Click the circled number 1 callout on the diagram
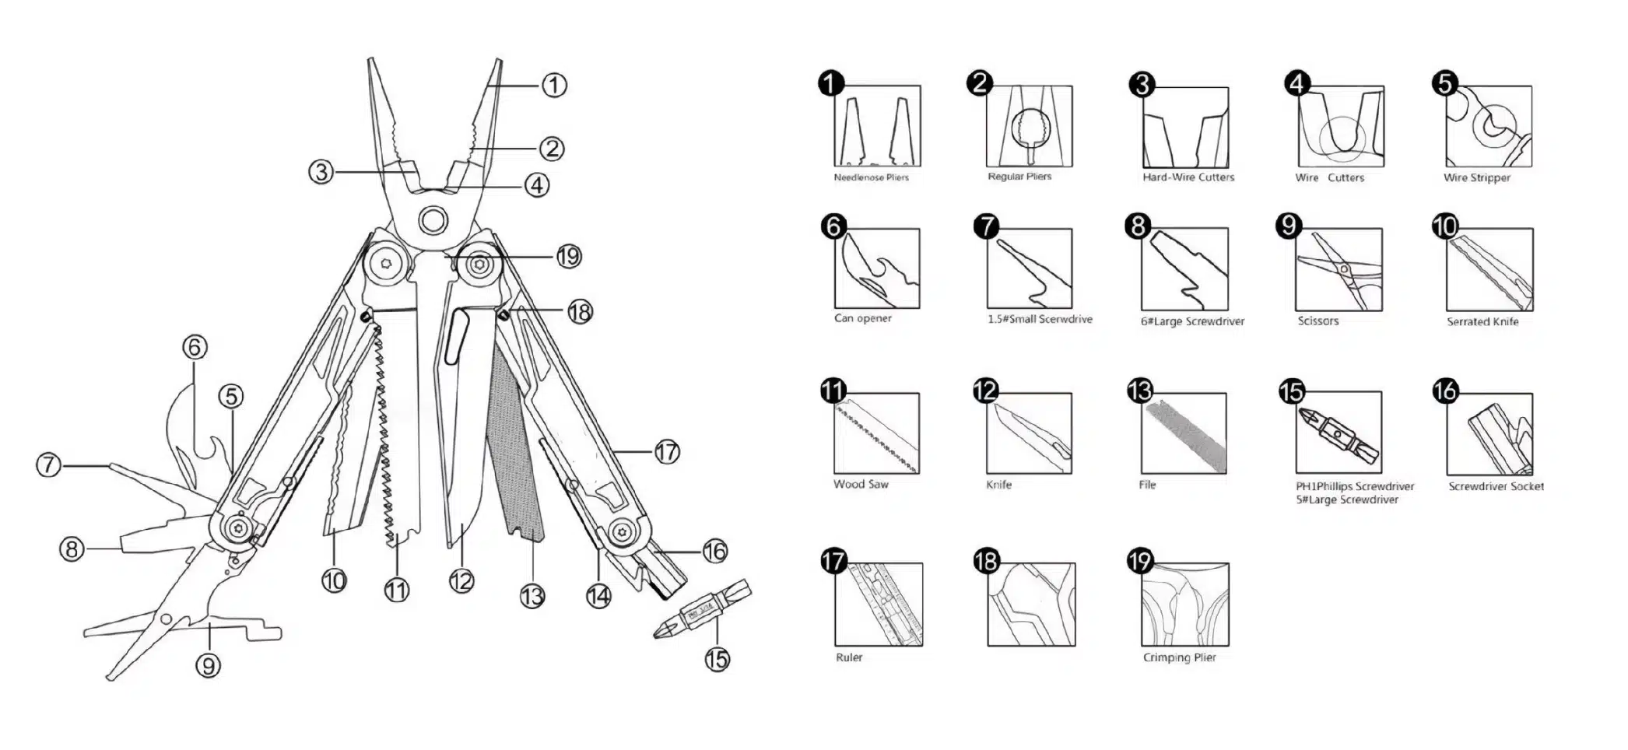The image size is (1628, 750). [553, 85]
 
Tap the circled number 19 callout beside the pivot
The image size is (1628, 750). [569, 256]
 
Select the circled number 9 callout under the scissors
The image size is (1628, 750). [208, 665]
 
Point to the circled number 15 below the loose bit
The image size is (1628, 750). [717, 659]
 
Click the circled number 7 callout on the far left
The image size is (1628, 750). [49, 465]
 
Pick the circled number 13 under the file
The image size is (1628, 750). [532, 596]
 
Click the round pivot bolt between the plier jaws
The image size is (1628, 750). [433, 219]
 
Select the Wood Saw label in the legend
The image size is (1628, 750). [861, 484]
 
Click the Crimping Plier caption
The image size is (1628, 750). [1179, 657]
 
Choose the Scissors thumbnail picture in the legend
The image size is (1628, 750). [1339, 270]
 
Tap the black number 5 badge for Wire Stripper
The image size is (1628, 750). [1445, 83]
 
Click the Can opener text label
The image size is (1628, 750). [862, 318]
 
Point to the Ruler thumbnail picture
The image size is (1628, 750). [879, 605]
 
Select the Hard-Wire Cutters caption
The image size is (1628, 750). [1188, 177]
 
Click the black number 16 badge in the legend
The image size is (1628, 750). [1446, 391]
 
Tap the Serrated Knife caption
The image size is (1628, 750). [1482, 321]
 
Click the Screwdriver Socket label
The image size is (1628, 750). [1496, 486]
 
